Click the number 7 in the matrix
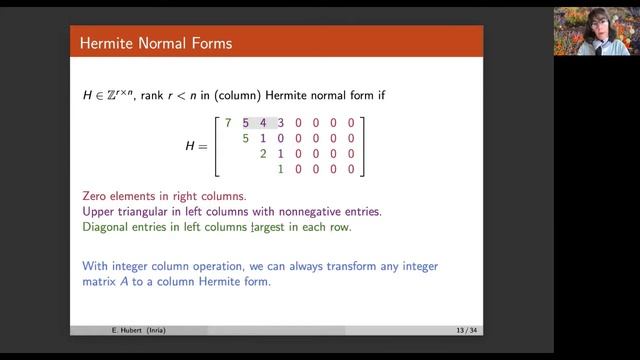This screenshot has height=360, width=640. click(x=228, y=123)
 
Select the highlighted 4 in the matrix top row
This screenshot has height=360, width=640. click(x=263, y=123)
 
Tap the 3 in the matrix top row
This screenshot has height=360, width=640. click(x=281, y=123)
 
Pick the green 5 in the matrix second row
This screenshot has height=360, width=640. click(x=246, y=138)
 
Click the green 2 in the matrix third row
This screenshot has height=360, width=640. click(x=263, y=154)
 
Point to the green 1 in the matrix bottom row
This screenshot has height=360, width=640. click(x=281, y=169)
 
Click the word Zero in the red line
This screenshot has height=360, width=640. click(x=97, y=196)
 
